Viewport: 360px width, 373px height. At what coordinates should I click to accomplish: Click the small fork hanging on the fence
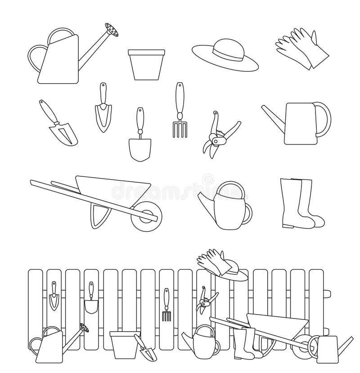pyautogui.click(x=166, y=306)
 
